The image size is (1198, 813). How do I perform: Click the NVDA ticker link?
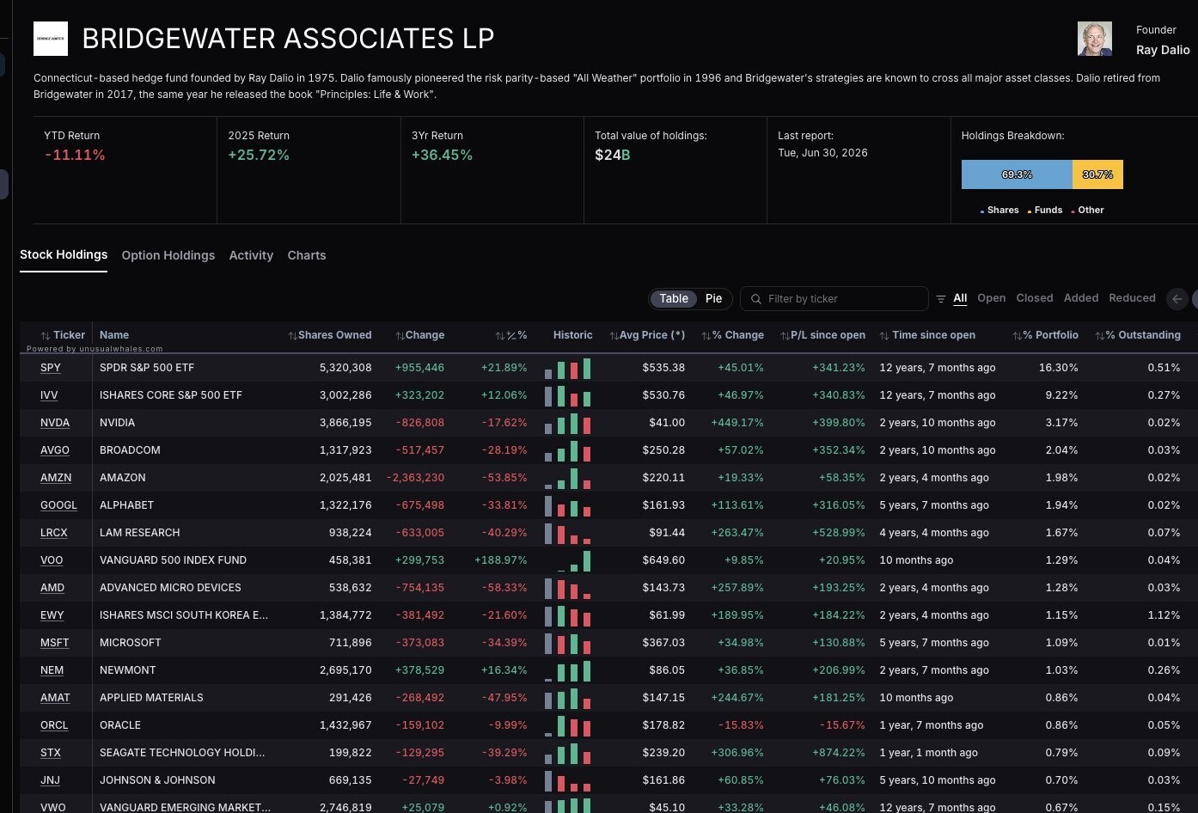pyautogui.click(x=54, y=423)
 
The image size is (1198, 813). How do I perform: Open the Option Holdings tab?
pyautogui.click(x=168, y=255)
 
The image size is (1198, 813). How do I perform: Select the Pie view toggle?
pyautogui.click(x=713, y=298)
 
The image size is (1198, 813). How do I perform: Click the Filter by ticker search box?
pyautogui.click(x=834, y=298)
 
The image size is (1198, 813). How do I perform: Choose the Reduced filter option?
pyautogui.click(x=1132, y=298)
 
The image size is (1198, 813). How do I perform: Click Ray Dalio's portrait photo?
pyautogui.click(x=1094, y=39)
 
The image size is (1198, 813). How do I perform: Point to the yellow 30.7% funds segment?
pyautogui.click(x=1097, y=174)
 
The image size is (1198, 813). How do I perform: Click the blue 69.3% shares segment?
pyautogui.click(x=1017, y=174)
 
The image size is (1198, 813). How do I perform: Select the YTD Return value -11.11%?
pyautogui.click(x=75, y=155)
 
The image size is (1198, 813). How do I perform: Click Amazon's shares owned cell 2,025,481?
pyautogui.click(x=345, y=478)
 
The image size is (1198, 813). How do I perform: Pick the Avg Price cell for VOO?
pyautogui.click(x=663, y=560)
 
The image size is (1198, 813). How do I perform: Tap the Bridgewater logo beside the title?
pyautogui.click(x=51, y=39)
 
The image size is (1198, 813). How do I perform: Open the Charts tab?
pyautogui.click(x=307, y=255)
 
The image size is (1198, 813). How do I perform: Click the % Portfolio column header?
pyautogui.click(x=1046, y=335)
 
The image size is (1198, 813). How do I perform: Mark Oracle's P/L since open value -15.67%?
pyautogui.click(x=842, y=725)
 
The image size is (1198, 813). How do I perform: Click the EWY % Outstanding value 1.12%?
pyautogui.click(x=1164, y=615)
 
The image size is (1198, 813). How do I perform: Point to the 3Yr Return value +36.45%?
pyautogui.click(x=442, y=155)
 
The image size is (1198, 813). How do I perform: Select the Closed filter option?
pyautogui.click(x=1035, y=298)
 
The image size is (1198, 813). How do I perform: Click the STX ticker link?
pyautogui.click(x=50, y=753)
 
